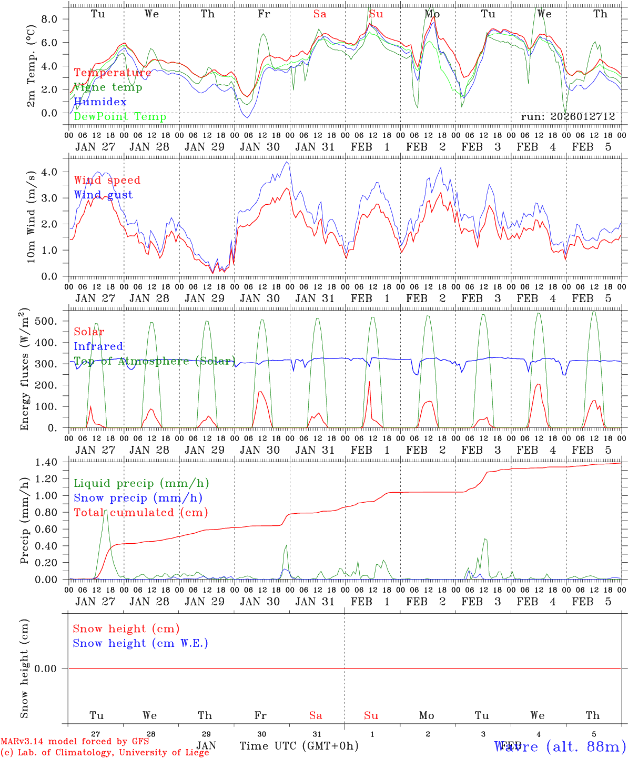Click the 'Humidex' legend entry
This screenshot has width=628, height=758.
pos(100,102)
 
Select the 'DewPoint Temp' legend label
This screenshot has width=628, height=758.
pos(120,116)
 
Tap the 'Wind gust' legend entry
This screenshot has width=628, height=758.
pos(103,195)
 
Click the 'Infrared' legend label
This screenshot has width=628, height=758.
pos(98,346)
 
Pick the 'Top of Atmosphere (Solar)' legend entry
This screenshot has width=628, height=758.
pos(154,361)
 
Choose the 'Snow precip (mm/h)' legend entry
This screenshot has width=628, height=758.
pos(138,498)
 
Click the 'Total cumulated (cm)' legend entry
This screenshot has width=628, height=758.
pos(140,512)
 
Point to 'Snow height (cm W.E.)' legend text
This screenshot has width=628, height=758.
pos(140,643)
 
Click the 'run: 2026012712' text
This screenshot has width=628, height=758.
pos(568,117)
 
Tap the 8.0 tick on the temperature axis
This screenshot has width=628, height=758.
pos(49,19)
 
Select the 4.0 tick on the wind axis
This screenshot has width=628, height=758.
pos(49,172)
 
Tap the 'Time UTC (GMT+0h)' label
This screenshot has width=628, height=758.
pos(299,746)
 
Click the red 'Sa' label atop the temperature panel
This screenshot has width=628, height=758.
pos(320,14)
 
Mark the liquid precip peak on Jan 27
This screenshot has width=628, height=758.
pos(106,510)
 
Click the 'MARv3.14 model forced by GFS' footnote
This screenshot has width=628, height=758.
pos(74,742)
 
